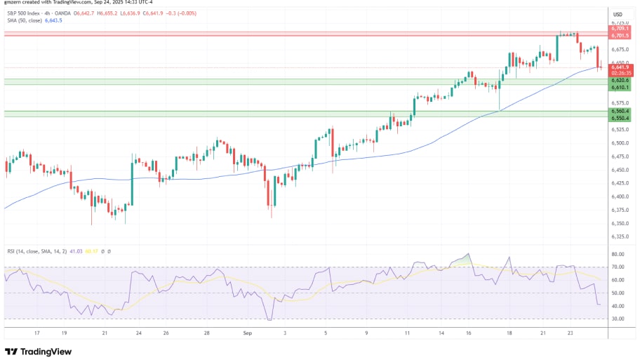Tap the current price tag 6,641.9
pyautogui.click(x=620, y=67)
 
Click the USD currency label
pyautogui.click(x=618, y=14)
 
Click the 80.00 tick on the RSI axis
pyautogui.click(x=618, y=254)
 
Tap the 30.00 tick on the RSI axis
pyautogui.click(x=618, y=319)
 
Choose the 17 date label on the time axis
pyautogui.click(x=36, y=333)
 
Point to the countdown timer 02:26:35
pyautogui.click(x=620, y=73)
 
